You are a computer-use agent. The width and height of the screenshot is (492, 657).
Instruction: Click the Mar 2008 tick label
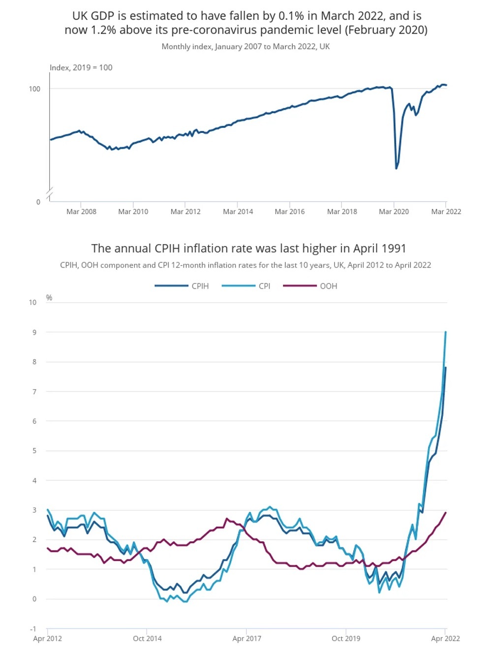(x=81, y=212)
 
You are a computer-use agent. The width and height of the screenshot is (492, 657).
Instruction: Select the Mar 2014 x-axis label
(x=238, y=212)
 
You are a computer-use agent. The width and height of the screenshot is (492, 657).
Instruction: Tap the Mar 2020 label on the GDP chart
(x=394, y=212)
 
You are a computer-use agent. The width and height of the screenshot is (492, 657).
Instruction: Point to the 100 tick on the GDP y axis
(x=34, y=89)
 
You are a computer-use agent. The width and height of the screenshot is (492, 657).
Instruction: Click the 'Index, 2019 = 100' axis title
(x=81, y=68)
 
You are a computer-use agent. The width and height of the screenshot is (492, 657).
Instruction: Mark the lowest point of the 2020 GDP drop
(x=397, y=168)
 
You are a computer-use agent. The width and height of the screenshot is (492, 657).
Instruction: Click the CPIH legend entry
(x=200, y=286)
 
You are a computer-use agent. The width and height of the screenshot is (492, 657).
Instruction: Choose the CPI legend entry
(x=264, y=286)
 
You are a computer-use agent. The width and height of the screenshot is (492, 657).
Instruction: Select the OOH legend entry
(x=328, y=286)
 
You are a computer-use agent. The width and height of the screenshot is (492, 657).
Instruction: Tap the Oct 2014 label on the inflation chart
(x=147, y=639)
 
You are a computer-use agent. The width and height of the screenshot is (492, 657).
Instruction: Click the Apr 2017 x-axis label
(x=246, y=639)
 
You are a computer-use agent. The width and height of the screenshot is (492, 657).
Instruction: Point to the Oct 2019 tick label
(x=346, y=639)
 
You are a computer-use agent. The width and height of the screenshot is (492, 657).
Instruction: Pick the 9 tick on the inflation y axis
(x=34, y=333)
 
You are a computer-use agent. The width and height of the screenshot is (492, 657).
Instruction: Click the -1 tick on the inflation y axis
(x=33, y=629)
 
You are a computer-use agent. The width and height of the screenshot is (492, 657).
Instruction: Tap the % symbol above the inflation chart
(x=49, y=298)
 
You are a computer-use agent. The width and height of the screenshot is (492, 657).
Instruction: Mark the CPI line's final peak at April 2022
(x=446, y=332)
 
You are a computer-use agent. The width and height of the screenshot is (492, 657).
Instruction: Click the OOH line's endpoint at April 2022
(x=446, y=513)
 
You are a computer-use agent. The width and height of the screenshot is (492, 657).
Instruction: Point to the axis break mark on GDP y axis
(x=50, y=194)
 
